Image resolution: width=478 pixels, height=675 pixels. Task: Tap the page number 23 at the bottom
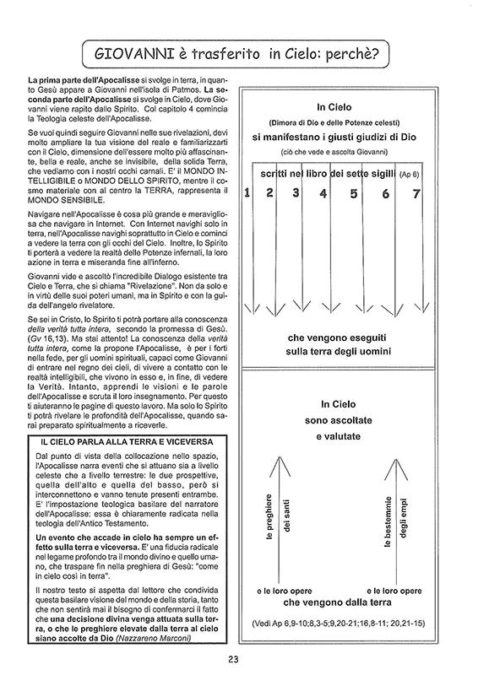233,659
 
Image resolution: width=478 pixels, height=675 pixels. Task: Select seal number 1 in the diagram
247,192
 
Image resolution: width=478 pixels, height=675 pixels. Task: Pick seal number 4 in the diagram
323,193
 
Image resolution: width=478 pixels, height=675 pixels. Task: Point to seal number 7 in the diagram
416,194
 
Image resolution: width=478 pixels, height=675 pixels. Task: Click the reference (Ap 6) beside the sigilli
409,175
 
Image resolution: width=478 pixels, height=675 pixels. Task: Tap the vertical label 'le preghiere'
269,516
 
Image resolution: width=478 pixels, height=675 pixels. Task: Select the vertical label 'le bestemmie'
388,521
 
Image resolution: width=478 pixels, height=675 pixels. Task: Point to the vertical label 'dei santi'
286,516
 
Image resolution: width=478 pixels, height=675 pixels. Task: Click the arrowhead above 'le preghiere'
280,467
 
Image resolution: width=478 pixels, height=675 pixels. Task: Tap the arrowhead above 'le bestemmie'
396,469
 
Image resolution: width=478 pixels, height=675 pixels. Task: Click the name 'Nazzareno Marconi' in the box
154,639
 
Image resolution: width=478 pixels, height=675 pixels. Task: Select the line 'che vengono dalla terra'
338,602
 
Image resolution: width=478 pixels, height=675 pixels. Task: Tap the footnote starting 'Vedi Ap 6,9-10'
339,623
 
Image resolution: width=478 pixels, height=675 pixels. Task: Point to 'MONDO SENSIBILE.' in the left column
66,200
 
